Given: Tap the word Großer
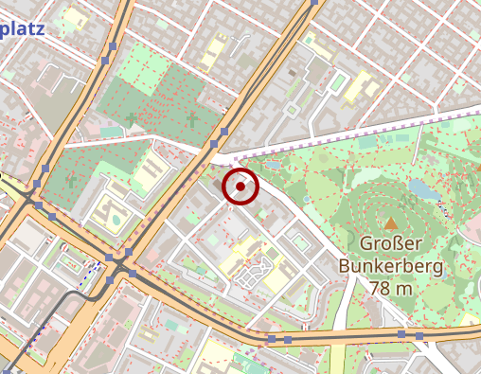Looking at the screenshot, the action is click(x=390, y=244).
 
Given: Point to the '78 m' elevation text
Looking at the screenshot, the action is click(x=390, y=288).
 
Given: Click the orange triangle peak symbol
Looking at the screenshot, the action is click(x=390, y=224).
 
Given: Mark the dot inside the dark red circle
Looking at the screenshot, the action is click(x=240, y=187).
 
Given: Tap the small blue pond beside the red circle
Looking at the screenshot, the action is click(x=274, y=165).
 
